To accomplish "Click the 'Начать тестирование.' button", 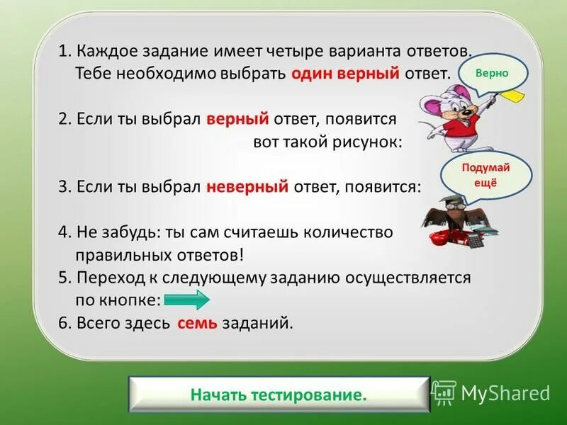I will [279, 395].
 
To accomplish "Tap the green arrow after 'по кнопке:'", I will [186, 300].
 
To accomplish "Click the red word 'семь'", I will [197, 323].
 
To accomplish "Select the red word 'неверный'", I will [247, 187].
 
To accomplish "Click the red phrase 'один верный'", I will [346, 74].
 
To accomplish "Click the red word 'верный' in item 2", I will [237, 118].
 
